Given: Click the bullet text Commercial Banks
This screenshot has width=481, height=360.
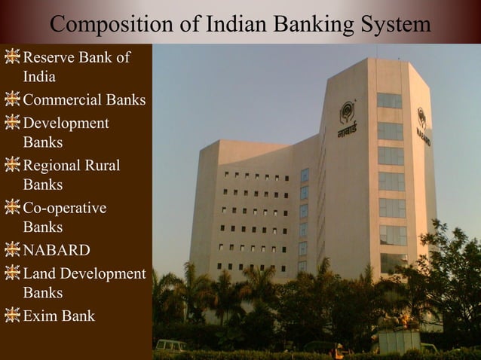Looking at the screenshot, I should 84,99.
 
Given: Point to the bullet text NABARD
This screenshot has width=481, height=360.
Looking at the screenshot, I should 57,250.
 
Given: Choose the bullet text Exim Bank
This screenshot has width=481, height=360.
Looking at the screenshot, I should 59,316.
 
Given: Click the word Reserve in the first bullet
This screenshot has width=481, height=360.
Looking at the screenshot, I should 51,57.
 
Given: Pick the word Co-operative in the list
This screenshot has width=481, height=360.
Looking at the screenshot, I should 65,208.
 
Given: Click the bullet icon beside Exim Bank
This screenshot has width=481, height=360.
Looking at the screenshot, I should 12,316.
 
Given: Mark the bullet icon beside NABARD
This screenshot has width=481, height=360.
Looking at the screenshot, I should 12,250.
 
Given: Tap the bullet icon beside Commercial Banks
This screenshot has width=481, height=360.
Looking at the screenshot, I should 12,99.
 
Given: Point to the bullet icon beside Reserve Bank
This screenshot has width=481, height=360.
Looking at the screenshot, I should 12,57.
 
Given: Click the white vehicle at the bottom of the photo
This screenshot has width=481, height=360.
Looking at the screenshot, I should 171,346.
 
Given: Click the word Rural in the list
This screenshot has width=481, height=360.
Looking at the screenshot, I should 103,165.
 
